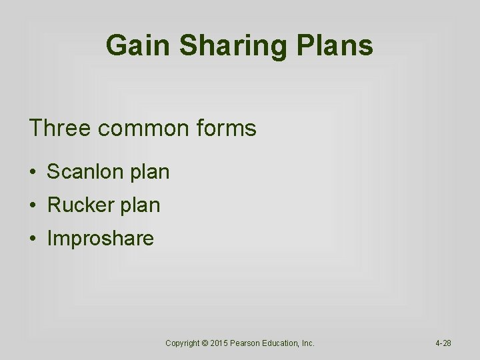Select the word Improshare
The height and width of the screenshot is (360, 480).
coord(100,239)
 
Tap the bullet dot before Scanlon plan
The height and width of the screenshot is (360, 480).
coord(32,173)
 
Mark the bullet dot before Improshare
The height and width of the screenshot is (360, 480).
coord(32,239)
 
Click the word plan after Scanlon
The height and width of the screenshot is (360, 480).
coord(150,172)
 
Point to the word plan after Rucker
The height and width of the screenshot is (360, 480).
coord(141,205)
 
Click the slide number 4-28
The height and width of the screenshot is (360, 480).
coord(443,343)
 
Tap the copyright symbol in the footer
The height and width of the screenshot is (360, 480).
coord(205,343)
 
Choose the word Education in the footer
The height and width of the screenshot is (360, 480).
coord(284,343)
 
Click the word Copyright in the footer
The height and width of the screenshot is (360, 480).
coord(183,343)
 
